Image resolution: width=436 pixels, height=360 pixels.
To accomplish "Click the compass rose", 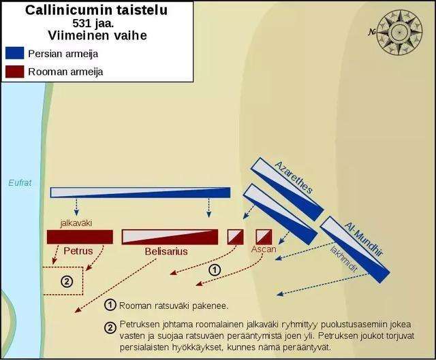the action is tap(399, 33).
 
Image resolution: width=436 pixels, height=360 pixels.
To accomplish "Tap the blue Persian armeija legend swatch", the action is tap(14, 53).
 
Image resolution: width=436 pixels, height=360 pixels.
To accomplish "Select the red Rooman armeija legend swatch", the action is tap(14, 71).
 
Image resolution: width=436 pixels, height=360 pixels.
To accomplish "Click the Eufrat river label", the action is tap(20, 183).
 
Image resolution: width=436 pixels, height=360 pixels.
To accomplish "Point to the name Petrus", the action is tap(78, 251).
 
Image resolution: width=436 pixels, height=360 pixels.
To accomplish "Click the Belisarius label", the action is tap(166, 251).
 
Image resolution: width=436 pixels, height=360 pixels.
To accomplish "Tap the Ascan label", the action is tap(264, 249).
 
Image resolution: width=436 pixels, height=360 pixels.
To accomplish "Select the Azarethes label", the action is tap(294, 178).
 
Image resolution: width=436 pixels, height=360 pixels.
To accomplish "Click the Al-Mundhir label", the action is tap(364, 239).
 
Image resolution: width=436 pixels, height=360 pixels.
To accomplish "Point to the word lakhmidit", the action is tap(343, 259).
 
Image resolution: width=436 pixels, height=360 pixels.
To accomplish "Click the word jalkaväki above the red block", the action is tap(76, 223).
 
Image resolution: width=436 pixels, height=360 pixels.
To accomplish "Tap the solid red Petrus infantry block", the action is tap(80, 237).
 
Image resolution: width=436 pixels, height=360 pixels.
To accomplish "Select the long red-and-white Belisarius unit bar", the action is tap(170, 237).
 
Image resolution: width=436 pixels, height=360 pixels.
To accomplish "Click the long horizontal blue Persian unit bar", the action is tap(140, 193).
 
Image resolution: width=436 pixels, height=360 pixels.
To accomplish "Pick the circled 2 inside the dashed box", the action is tap(67, 282).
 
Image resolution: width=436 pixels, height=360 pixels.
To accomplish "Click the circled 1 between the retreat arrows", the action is tap(215, 269).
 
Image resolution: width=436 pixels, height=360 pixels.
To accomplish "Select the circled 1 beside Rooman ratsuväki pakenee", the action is tap(110, 305).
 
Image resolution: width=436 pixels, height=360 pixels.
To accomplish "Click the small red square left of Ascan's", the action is tap(236, 237).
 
